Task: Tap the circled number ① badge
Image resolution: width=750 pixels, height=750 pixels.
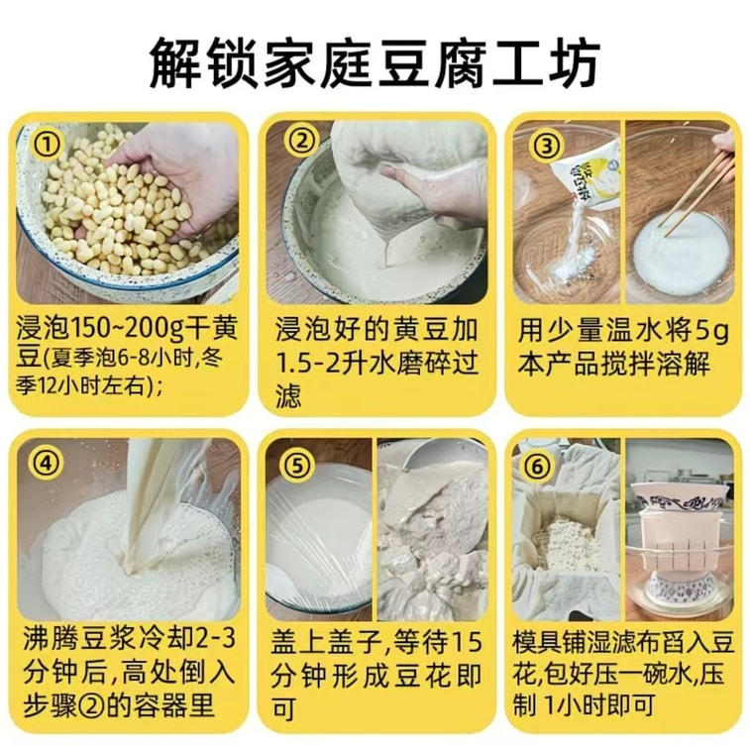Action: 48,146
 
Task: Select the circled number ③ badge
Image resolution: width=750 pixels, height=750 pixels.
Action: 545,145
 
